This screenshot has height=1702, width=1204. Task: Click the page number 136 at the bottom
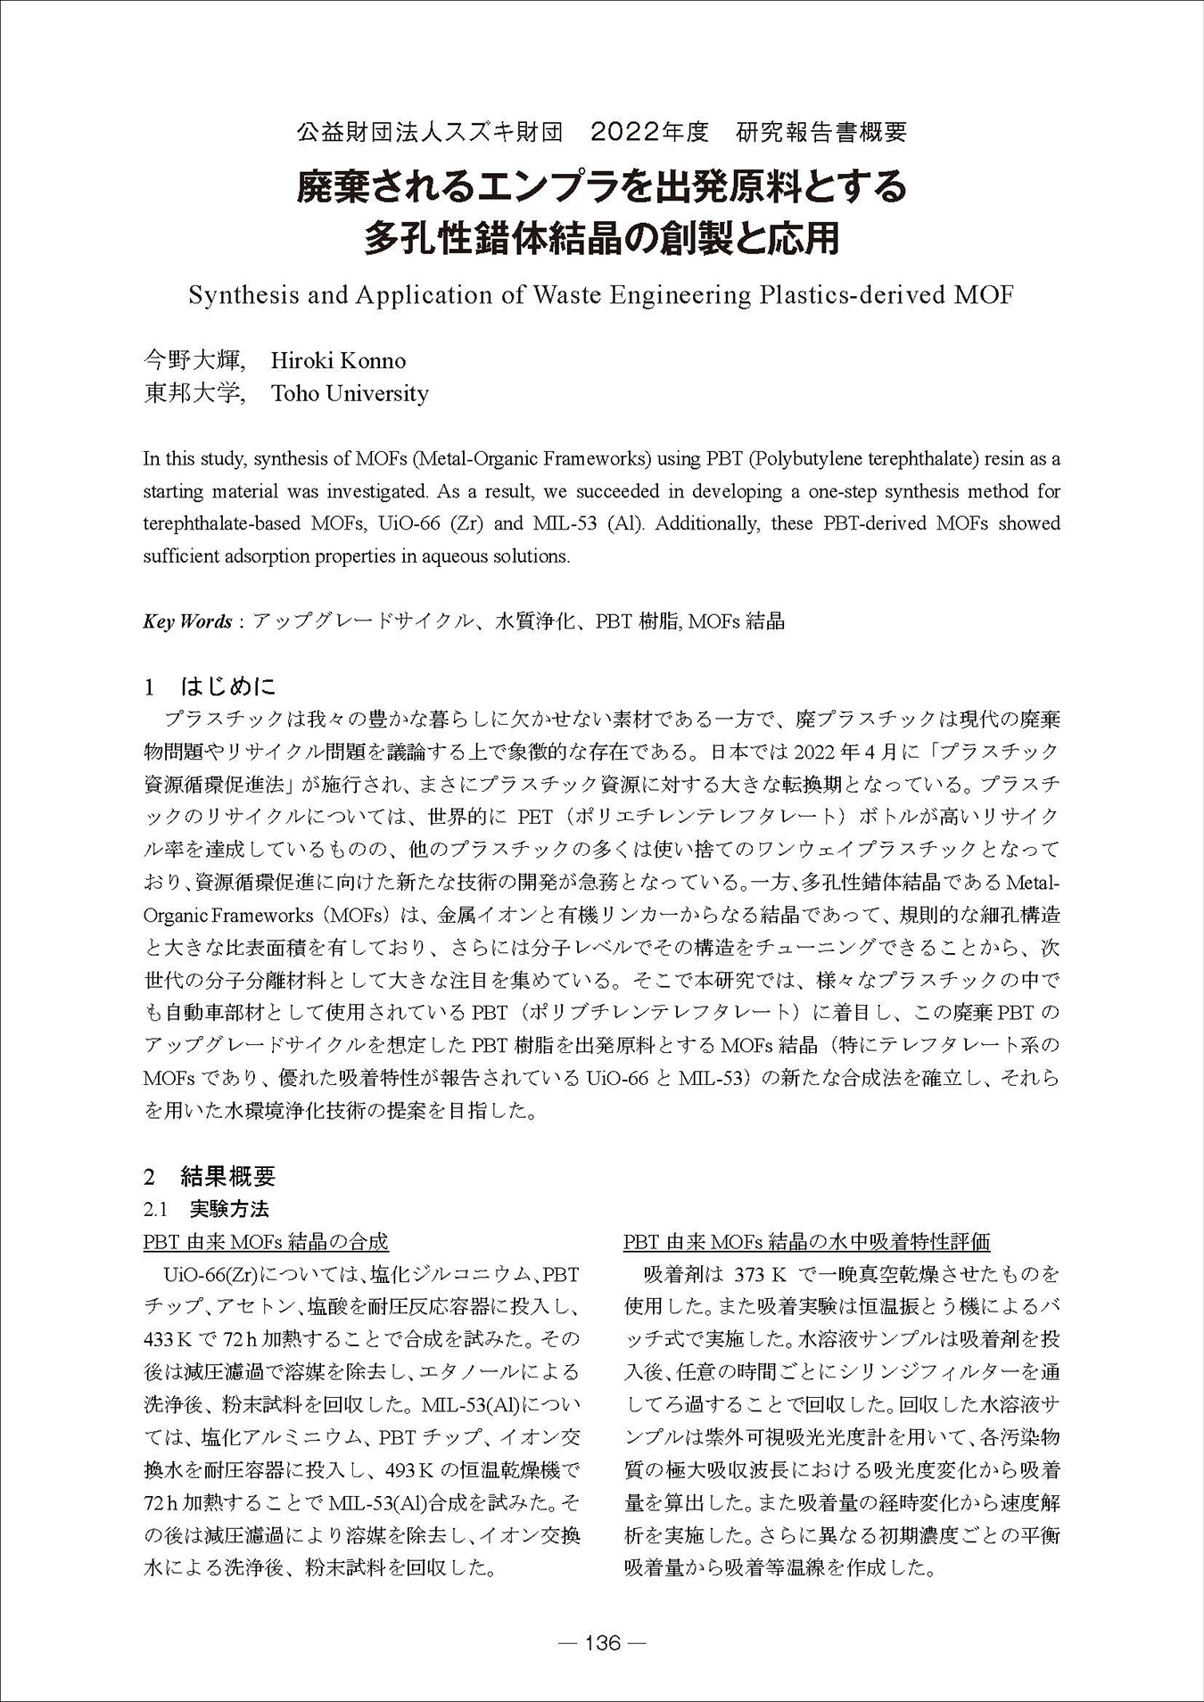pos(602,1642)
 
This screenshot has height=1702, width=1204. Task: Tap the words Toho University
pos(350,393)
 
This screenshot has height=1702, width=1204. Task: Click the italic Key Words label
pos(187,621)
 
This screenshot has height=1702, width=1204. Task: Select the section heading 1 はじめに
pos(210,687)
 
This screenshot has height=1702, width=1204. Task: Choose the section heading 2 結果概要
pos(210,1176)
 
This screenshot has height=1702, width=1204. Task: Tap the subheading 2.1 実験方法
pos(206,1209)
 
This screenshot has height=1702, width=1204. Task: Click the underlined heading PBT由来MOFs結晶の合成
pos(266,1241)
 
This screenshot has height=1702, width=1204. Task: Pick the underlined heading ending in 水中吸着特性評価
pos(807,1241)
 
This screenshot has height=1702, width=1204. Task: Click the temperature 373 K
pos(757,1273)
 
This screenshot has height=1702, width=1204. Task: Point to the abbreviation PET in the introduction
pos(535,816)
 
